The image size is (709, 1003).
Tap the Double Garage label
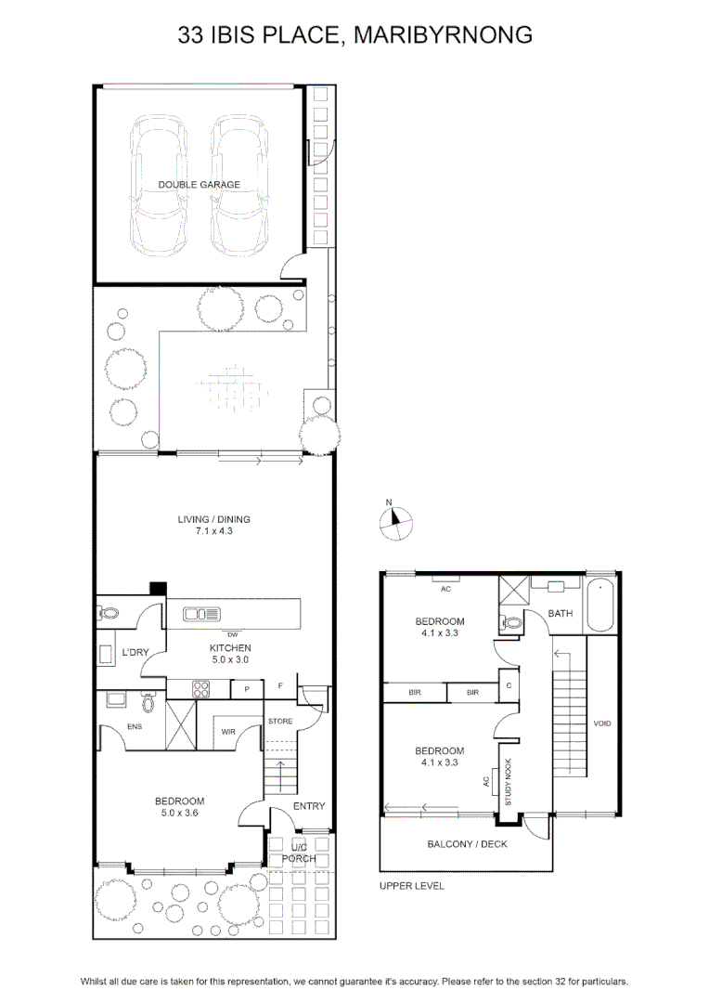click(200, 185)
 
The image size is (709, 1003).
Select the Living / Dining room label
click(214, 519)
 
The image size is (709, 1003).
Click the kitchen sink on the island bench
click(201, 615)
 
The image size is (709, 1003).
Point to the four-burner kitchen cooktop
click(201, 689)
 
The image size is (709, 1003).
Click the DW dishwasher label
click(233, 635)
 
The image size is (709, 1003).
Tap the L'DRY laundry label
click(135, 653)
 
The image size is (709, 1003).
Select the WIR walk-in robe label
click(228, 732)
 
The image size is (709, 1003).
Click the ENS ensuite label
click(135, 726)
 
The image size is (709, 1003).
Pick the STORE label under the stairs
click(280, 722)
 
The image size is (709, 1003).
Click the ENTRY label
click(309, 807)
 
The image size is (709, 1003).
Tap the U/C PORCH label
click(299, 853)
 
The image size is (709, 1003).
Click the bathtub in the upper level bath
click(601, 606)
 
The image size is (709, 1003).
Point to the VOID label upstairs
click(602, 723)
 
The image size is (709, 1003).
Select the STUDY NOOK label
click(509, 782)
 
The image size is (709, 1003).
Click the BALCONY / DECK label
click(468, 844)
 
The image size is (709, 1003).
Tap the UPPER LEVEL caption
click(412, 886)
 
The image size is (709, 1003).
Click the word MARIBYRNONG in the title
click(443, 34)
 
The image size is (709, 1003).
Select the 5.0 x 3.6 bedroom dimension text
click(180, 813)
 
